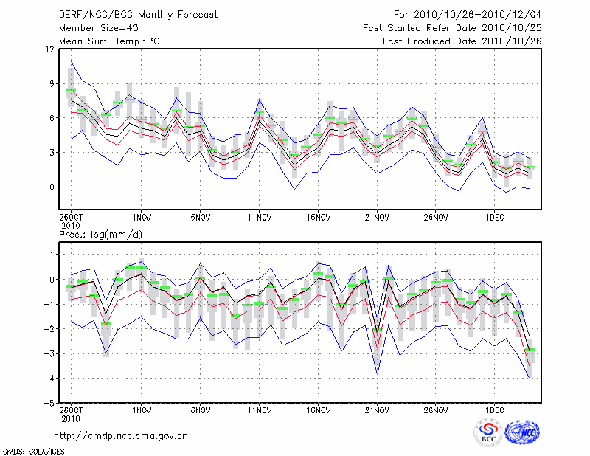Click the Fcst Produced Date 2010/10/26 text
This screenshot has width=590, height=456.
(462, 41)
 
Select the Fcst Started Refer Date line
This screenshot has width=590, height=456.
(452, 28)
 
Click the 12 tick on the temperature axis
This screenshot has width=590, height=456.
(49, 49)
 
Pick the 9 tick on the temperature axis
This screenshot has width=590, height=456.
(52, 84)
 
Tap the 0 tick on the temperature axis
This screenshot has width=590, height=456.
(52, 187)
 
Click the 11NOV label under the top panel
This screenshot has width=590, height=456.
(259, 218)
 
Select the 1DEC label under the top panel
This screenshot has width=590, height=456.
(495, 218)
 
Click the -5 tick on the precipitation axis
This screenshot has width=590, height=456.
(49, 404)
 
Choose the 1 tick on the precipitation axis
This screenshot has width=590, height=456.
(52, 255)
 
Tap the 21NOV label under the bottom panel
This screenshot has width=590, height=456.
(377, 410)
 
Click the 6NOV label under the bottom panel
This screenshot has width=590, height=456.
(200, 410)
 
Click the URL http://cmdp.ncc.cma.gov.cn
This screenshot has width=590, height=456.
(121, 435)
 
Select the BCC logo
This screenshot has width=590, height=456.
(488, 432)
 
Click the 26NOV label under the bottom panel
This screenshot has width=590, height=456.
(436, 410)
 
